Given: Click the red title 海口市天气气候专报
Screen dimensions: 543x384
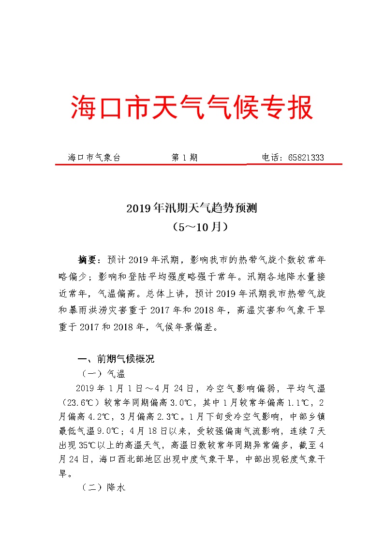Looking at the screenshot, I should click(x=192, y=107).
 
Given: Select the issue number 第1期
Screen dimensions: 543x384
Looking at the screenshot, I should click(x=184, y=158).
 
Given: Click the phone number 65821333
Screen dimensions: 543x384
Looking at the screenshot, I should click(x=306, y=158).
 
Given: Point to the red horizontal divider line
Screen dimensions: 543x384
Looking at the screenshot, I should click(x=198, y=164).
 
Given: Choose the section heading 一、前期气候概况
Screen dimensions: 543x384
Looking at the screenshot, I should click(x=116, y=359).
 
